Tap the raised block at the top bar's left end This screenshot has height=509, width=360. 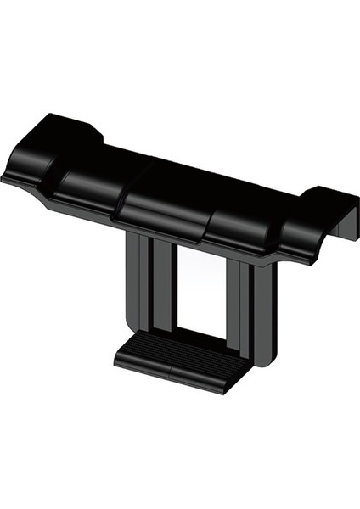coord(68,131)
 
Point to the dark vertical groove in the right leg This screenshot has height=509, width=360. coord(245,310)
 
